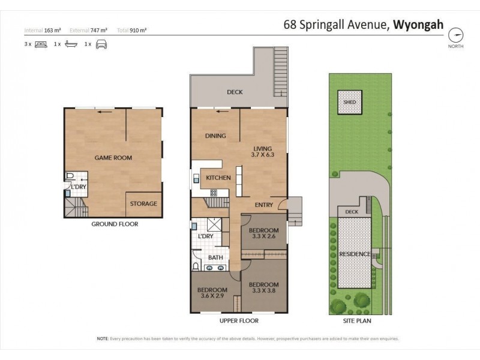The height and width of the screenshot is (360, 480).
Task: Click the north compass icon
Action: click(458, 34)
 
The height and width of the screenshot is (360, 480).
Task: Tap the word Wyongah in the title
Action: click(418, 25)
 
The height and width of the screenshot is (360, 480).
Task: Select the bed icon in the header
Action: click(41, 44)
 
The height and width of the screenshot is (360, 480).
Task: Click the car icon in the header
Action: click(101, 44)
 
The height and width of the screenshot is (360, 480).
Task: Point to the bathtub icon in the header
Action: click(71, 44)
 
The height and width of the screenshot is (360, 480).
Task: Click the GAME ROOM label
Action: click(113, 158)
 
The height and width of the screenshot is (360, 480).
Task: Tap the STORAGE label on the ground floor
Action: click(144, 204)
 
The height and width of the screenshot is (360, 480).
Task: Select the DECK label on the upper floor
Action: click(234, 92)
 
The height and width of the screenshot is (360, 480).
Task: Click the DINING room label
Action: click(215, 136)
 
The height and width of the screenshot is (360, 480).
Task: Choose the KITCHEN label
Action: click(218, 178)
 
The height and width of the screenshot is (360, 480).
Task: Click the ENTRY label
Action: click(263, 205)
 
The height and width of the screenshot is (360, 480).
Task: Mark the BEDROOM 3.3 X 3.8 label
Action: click(264, 287)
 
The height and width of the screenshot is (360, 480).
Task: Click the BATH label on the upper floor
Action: click(215, 258)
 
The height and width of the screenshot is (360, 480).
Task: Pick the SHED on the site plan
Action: click(349, 102)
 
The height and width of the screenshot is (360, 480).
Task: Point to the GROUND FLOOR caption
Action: click(115, 224)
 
